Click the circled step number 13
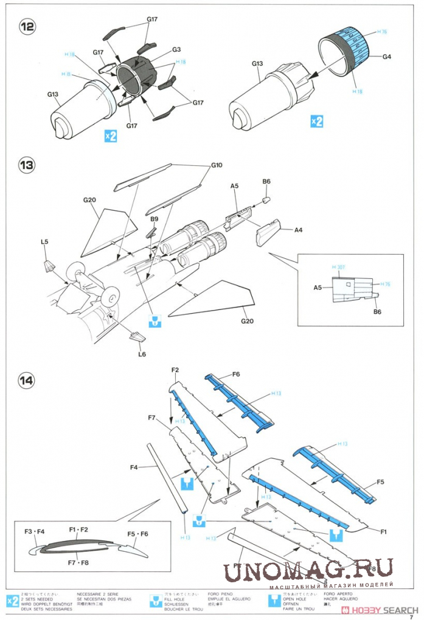click(27, 165)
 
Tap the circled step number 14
click(27, 381)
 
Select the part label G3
click(176, 49)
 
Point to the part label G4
click(387, 57)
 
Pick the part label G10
click(217, 165)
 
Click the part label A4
click(298, 230)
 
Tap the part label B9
click(154, 219)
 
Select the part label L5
click(44, 242)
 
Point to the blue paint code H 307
click(338, 267)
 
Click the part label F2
click(175, 370)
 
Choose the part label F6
click(236, 374)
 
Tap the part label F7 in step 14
click(153, 418)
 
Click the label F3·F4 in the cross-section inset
click(34, 532)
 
